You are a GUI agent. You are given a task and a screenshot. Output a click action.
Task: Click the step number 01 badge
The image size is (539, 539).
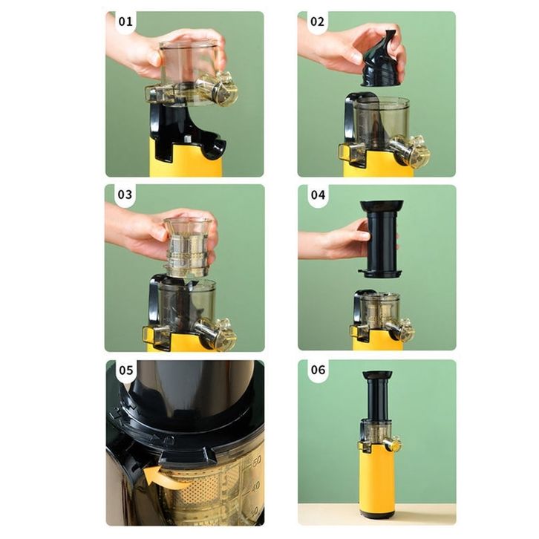pyautogui.click(x=125, y=22)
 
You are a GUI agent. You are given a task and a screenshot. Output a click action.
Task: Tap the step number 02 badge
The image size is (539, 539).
pyautogui.click(x=317, y=22)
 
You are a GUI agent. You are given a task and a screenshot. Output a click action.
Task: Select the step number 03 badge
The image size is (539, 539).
pyautogui.click(x=125, y=195)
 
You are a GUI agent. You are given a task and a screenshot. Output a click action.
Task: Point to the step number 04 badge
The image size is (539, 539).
pyautogui.click(x=318, y=195)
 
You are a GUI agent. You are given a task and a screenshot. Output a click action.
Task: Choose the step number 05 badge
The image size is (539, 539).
pyautogui.click(x=125, y=370)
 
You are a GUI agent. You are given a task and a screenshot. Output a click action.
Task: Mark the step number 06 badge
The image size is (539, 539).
pyautogui.click(x=318, y=370)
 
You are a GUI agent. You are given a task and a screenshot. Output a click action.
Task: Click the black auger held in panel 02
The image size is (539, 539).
pyautogui.click(x=381, y=59)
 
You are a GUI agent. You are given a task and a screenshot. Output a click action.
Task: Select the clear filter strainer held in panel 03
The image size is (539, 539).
pyautogui.click(x=187, y=246)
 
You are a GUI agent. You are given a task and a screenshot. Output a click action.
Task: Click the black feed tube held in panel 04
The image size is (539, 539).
pyautogui.click(x=381, y=239)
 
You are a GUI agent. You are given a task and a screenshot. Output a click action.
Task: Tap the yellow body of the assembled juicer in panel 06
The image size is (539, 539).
pyautogui.click(x=376, y=481)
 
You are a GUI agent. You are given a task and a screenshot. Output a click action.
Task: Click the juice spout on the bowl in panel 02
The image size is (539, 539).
pyautogui.click(x=411, y=150)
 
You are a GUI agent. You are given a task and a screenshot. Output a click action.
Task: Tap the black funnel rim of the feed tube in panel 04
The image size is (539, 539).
pyautogui.click(x=382, y=206)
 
